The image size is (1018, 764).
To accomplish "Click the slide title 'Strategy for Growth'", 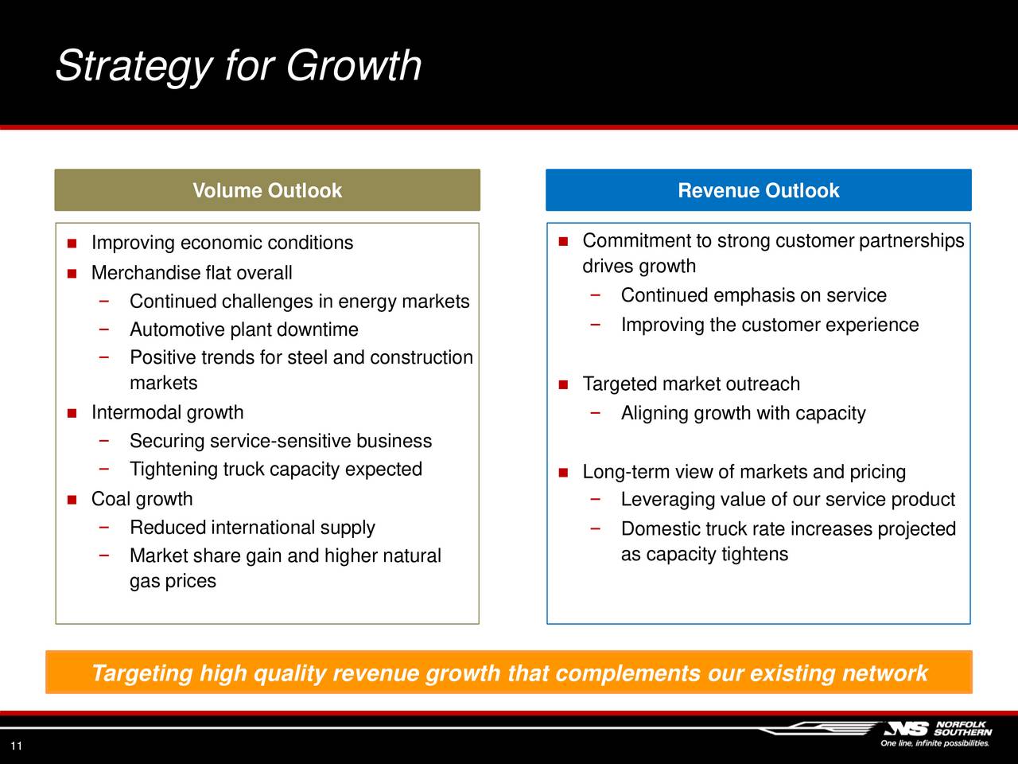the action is [239, 66].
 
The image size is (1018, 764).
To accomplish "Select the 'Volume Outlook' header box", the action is [267, 190].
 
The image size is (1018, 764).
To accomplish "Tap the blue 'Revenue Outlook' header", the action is [758, 190].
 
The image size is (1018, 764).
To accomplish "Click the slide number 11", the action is [16, 746].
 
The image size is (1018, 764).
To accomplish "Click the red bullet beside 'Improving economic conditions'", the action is [72, 243].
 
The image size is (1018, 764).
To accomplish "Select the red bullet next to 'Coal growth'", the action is [72, 500].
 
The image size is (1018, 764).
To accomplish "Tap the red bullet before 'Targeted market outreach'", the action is [564, 384].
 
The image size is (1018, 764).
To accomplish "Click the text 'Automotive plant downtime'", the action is [244, 329].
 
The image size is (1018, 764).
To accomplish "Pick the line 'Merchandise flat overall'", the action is [192, 273].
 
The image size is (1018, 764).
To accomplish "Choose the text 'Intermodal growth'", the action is [168, 412].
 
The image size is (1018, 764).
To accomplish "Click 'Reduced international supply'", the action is [252, 528].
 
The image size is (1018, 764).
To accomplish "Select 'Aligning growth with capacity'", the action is [744, 413].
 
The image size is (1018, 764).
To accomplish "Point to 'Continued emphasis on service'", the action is [754, 295].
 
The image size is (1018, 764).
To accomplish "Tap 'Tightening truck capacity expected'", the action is [276, 469].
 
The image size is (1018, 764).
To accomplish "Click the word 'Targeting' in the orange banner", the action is [142, 673].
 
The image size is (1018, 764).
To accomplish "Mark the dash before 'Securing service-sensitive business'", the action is [104, 440].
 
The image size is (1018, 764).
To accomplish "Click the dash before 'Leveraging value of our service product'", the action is [596, 499].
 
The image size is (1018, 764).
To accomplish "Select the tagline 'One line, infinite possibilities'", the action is [934, 743].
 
